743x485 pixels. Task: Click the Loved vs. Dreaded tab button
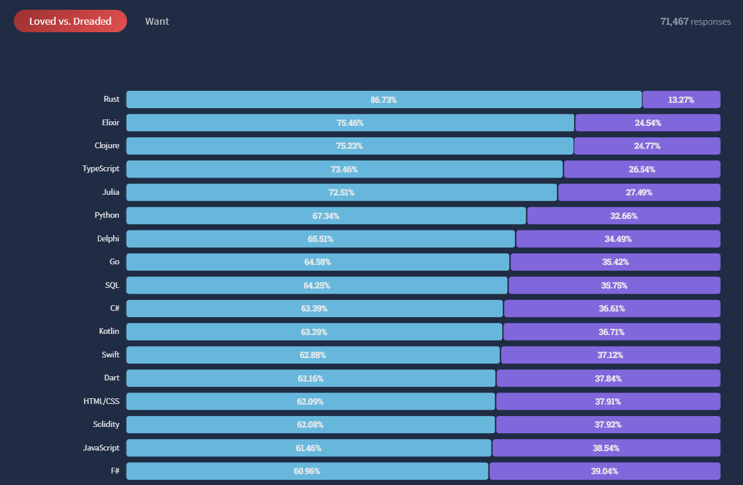pyautogui.click(x=70, y=21)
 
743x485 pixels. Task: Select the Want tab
pyautogui.click(x=157, y=21)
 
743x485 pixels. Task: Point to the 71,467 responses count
pyautogui.click(x=695, y=22)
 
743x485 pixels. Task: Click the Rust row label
pyautogui.click(x=111, y=99)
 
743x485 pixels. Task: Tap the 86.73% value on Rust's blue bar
pyautogui.click(x=383, y=100)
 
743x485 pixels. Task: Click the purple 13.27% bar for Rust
pyautogui.click(x=682, y=99)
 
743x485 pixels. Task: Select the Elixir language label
pyautogui.click(x=110, y=122)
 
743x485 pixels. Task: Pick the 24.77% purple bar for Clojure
pyautogui.click(x=647, y=146)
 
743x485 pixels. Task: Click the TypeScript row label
pyautogui.click(x=101, y=168)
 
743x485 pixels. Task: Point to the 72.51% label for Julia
pyautogui.click(x=341, y=193)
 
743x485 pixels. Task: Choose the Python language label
pyautogui.click(x=107, y=215)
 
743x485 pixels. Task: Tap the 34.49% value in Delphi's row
pyautogui.click(x=618, y=239)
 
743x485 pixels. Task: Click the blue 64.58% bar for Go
pyautogui.click(x=318, y=262)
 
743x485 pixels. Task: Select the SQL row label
pyautogui.click(x=112, y=285)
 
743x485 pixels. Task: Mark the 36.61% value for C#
pyautogui.click(x=611, y=309)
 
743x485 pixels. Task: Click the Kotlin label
pyautogui.click(x=109, y=331)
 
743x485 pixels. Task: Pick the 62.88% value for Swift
pyautogui.click(x=313, y=355)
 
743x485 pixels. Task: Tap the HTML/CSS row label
pyautogui.click(x=101, y=402)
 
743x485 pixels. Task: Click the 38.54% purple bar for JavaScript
pyautogui.click(x=606, y=448)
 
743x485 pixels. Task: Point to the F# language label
pyautogui.click(x=115, y=471)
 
